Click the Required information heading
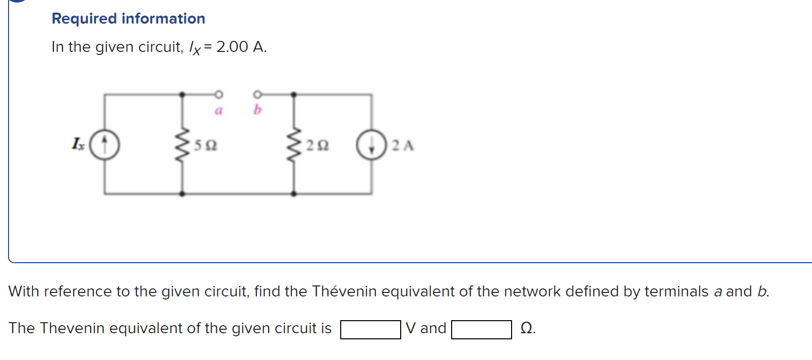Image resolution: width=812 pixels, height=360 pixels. [128, 19]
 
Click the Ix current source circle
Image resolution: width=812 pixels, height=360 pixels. [104, 145]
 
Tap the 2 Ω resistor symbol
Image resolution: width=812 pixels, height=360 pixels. [293, 145]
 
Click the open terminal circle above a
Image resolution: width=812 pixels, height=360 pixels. [218, 94]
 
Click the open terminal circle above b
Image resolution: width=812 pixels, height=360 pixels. [257, 94]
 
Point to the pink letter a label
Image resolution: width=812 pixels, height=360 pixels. [218, 110]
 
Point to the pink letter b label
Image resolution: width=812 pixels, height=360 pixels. [258, 109]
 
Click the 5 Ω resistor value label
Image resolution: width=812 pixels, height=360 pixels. [206, 146]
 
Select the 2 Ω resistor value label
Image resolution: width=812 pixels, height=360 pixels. [318, 146]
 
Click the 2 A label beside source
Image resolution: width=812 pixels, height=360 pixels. [403, 146]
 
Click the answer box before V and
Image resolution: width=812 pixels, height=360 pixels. [370, 330]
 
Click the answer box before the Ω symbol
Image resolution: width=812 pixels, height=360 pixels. [481, 330]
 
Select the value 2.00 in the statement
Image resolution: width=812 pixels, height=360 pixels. [232, 47]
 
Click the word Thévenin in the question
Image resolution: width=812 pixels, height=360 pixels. [344, 291]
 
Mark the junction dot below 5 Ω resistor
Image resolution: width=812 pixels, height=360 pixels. [182, 194]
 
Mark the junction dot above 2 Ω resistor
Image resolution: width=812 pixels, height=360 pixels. [293, 94]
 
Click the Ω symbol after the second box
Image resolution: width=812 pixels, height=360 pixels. [527, 329]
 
